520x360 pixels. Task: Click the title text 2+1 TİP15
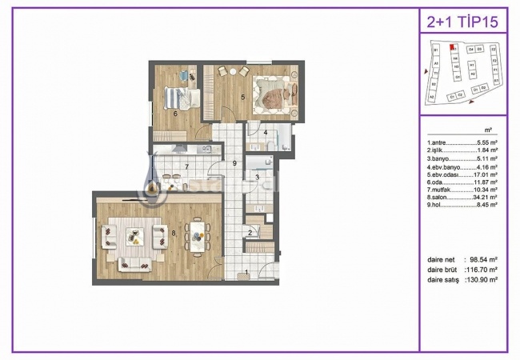pos(462,21)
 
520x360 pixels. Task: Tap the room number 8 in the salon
pos(173,233)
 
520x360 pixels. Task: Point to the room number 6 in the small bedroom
pos(174,113)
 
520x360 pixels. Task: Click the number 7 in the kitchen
pos(186,166)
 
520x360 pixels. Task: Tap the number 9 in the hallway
pos(233,163)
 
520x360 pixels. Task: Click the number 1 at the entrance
pos(247,272)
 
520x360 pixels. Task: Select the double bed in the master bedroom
pos(274,94)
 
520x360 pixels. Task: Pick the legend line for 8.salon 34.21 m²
pos(463,197)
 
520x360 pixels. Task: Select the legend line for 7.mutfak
pos(463,189)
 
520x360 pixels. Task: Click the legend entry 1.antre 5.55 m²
pos(463,142)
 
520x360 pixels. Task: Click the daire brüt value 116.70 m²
pos(482,270)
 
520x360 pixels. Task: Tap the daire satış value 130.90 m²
pos(482,280)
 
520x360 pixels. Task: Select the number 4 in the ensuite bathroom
pos(266,132)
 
